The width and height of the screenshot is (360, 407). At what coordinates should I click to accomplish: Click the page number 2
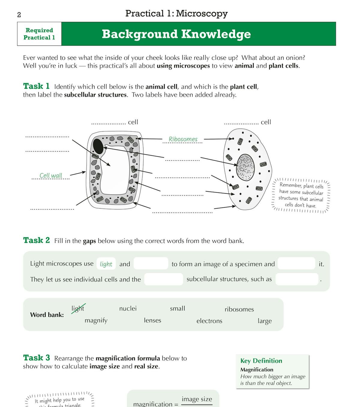click(19, 15)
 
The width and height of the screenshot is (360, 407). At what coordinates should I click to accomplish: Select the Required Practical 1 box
click(39, 34)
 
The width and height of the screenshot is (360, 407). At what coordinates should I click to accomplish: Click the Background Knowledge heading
click(176, 34)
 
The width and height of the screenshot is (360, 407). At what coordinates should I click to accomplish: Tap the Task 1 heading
click(36, 86)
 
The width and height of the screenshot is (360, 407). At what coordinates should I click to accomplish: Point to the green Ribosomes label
click(183, 139)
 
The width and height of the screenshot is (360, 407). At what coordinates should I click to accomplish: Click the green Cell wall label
click(51, 176)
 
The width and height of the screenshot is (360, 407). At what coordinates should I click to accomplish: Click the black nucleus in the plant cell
click(98, 146)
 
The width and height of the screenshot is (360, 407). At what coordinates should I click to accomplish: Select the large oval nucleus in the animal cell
click(246, 167)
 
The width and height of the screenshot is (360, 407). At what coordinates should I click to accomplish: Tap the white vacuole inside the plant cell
click(115, 171)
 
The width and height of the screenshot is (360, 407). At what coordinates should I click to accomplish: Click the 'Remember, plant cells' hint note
click(301, 195)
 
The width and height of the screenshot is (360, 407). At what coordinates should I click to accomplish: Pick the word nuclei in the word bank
click(128, 308)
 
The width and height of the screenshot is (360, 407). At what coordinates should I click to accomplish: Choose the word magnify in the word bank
click(96, 320)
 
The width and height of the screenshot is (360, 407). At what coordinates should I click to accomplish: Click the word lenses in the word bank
click(152, 320)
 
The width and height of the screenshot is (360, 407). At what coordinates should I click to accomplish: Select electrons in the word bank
click(209, 321)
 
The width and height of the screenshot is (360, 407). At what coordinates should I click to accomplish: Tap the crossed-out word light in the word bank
click(78, 308)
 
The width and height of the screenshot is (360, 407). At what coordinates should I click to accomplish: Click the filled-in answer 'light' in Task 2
click(106, 264)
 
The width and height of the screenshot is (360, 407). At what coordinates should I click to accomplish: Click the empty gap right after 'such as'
click(296, 279)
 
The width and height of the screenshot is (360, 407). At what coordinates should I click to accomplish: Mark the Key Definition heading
click(261, 361)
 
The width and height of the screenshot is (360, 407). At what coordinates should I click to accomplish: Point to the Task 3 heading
click(37, 358)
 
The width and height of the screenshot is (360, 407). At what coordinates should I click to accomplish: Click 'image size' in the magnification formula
click(197, 399)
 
